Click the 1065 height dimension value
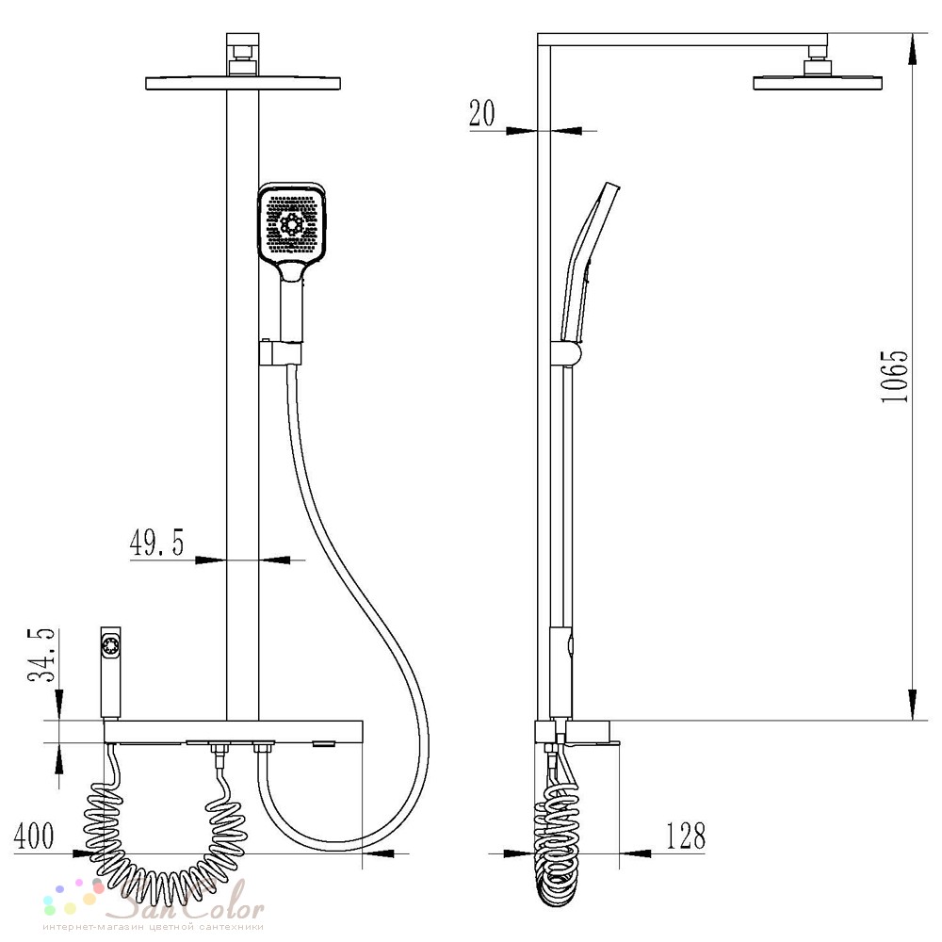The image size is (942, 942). pos(895,377)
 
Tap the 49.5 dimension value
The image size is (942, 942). pos(156,543)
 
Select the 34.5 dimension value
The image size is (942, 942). pos(41,656)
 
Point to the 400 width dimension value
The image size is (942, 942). pos(34,836)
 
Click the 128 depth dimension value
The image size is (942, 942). pos(686,836)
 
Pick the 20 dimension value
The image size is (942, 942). pos(481,113)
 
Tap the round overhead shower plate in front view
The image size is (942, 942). pos(243,83)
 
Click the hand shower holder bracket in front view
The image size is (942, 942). pos(281,352)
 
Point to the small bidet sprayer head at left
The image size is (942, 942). pos(110,672)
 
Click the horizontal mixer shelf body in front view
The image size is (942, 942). pos(233,731)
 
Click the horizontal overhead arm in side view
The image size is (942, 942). pos(682,40)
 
